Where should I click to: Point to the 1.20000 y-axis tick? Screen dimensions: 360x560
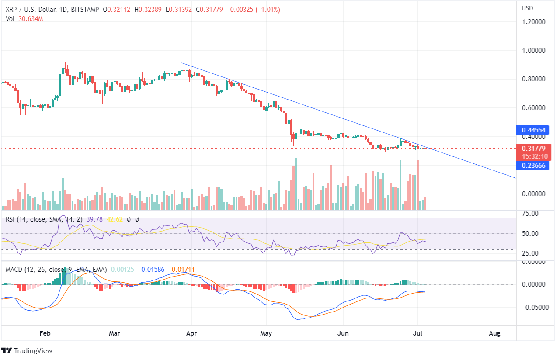click(x=535, y=21)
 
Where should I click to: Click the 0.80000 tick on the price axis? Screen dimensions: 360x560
click(x=535, y=79)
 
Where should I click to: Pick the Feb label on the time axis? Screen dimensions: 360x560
click(x=45, y=333)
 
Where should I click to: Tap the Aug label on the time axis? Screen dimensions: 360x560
click(x=494, y=333)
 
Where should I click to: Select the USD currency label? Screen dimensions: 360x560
click(x=528, y=8)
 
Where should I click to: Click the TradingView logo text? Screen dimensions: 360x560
click(x=33, y=350)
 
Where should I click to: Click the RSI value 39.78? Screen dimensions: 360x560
click(x=95, y=219)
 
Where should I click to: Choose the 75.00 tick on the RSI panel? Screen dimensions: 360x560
click(x=530, y=214)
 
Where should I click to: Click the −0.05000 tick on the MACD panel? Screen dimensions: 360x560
click(x=535, y=307)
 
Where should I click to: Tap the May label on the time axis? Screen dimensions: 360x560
click(x=266, y=333)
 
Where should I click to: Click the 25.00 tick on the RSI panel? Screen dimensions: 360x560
click(x=530, y=253)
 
